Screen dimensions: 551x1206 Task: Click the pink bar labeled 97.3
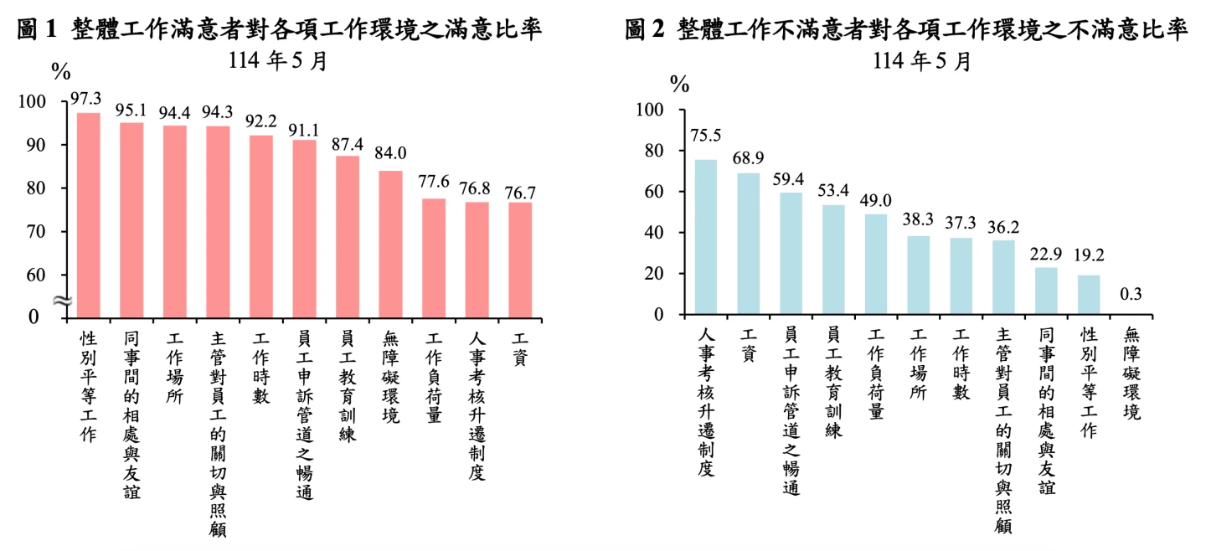tap(89, 214)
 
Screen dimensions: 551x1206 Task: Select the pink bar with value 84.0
tap(390, 244)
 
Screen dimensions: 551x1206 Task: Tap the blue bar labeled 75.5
tap(706, 237)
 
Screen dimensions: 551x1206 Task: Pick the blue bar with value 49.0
tap(875, 265)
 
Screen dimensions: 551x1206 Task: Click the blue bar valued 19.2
tap(1088, 295)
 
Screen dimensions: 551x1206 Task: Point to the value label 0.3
tap(1131, 294)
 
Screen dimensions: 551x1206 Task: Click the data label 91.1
tap(304, 131)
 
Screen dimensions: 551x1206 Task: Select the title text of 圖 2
tap(907, 30)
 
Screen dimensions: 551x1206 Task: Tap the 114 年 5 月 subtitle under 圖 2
tap(922, 61)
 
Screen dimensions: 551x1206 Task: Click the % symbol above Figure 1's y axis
tap(61, 72)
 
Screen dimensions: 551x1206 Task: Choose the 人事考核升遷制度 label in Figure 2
tap(706, 402)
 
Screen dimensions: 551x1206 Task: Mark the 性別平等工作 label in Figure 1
tap(89, 386)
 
